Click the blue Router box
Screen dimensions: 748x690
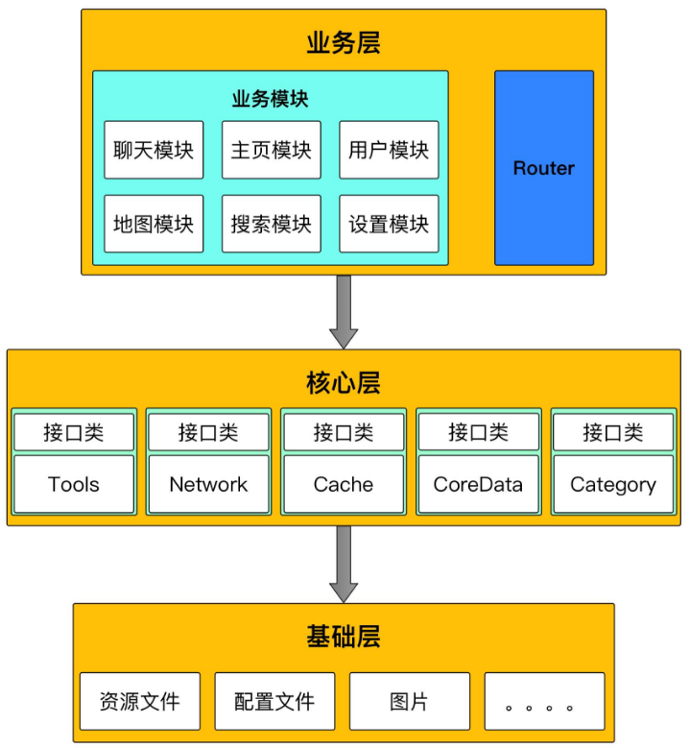pos(543,168)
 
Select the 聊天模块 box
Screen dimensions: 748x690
pos(154,150)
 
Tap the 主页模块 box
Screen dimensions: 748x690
pos(272,150)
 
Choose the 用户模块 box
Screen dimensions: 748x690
pos(389,150)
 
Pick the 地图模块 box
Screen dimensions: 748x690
pos(154,224)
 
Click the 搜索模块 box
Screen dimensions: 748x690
pos(272,224)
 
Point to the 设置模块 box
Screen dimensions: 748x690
pos(389,224)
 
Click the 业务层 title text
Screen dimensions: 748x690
pos(344,42)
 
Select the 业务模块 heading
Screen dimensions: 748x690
pos(270,99)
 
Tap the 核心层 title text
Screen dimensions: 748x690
pos(344,382)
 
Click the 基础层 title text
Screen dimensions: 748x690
pos(344,636)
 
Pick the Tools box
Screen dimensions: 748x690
pos(74,484)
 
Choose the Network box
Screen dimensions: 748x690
pos(208,484)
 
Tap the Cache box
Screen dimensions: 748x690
pos(344,484)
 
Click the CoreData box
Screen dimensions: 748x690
pos(478,484)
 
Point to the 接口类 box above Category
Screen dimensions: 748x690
pos(613,433)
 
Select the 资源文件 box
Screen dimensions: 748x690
pos(140,702)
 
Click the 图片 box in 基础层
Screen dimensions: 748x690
pos(410,702)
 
